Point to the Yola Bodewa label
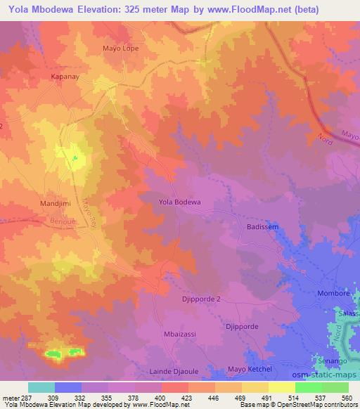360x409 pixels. (180, 202)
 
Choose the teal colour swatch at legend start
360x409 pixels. (41, 387)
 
